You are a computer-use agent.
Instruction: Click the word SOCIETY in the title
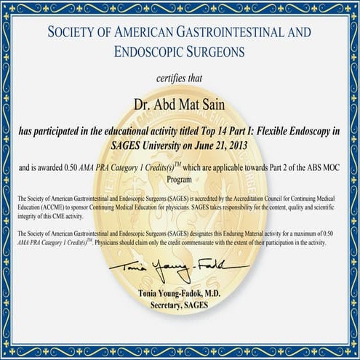click(71, 33)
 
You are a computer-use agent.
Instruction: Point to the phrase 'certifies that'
click(180, 78)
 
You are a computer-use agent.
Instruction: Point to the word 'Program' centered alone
click(180, 177)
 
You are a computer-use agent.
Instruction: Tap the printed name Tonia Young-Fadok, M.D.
click(180, 293)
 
